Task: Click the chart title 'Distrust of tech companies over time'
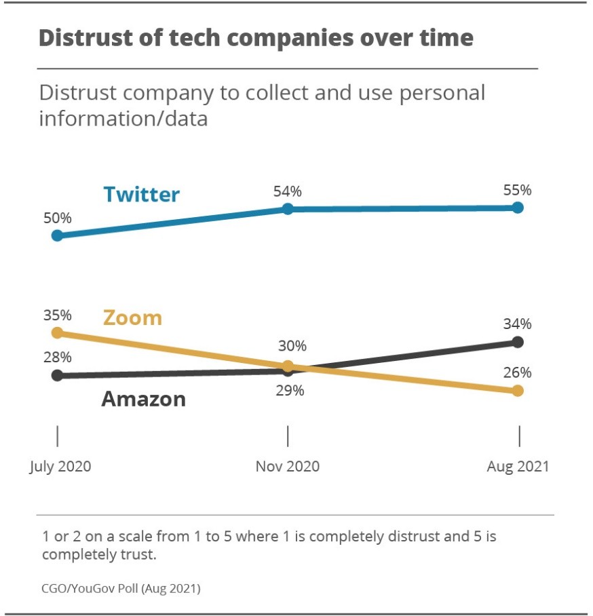256,38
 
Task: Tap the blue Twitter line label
141,195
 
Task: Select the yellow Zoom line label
132,317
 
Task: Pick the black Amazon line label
143,399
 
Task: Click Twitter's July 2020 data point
58,235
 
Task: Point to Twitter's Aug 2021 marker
518,208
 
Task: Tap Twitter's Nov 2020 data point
288,209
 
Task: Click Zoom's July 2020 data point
58,332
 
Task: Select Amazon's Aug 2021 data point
518,342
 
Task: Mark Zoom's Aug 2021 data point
518,390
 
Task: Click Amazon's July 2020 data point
58,375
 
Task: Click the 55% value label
517,190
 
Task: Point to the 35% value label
58,315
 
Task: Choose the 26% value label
517,372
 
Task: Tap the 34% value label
517,324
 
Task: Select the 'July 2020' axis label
60,467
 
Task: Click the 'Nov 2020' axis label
288,467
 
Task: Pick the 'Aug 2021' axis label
517,467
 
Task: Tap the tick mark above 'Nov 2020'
288,436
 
